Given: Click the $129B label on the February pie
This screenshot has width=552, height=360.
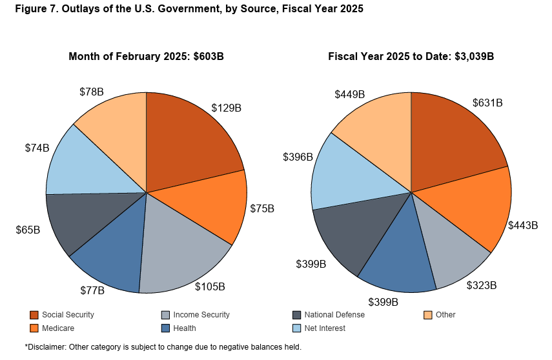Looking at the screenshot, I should click(226, 108).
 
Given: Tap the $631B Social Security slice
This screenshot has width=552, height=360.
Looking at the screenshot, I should click(452, 139).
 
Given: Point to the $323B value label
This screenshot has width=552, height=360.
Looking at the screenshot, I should click(481, 285).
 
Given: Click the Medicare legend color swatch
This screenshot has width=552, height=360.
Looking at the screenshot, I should click(34, 328).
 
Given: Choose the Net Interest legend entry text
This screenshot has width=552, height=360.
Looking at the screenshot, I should click(324, 328).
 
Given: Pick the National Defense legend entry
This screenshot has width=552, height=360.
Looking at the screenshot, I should click(334, 315).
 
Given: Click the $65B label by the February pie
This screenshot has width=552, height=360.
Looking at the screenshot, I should click(28, 229).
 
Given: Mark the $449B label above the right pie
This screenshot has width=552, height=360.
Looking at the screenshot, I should click(349, 94).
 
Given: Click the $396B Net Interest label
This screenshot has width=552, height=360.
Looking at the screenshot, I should click(298, 157).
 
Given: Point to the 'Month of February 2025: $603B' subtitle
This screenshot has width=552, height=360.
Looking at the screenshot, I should click(146, 56).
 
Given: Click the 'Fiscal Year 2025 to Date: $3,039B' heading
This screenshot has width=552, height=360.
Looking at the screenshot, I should click(411, 56).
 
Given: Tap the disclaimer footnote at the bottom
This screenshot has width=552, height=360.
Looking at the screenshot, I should click(163, 347).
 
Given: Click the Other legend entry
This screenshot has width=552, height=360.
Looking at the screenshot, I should click(445, 315).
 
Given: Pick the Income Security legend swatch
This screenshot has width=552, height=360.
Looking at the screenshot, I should click(166, 315).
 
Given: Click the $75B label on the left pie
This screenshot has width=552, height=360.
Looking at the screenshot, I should click(262, 209).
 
